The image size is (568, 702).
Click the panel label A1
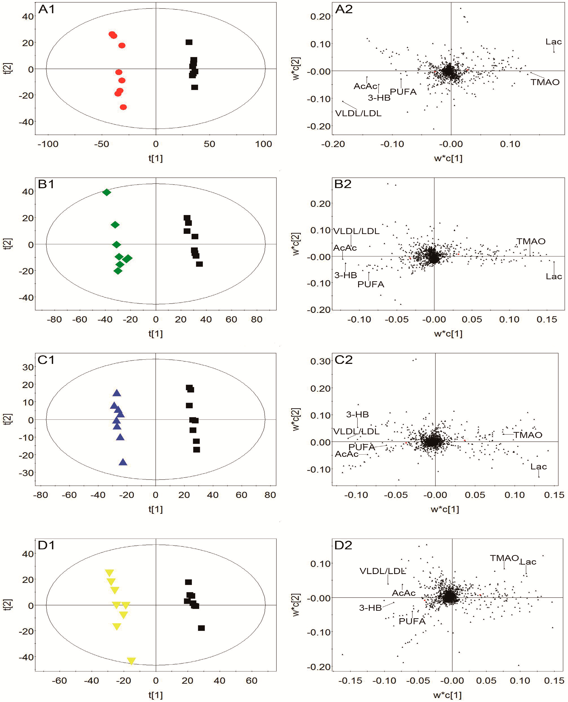(47, 9)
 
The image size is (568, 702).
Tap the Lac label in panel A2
(553, 42)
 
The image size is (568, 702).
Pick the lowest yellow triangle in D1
(131, 661)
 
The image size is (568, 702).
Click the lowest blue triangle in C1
(123, 462)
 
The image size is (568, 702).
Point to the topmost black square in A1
(189, 42)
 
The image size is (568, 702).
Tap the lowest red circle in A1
(123, 107)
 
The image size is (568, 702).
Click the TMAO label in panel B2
(531, 241)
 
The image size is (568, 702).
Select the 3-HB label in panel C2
(357, 415)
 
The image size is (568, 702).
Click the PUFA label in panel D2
(412, 621)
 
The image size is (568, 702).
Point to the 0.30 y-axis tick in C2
(320, 361)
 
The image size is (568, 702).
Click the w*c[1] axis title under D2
(447, 695)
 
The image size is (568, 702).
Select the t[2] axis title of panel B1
(8, 244)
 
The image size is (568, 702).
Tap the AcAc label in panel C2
(346, 454)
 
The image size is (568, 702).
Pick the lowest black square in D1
(201, 628)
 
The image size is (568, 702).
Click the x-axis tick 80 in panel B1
(256, 319)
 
